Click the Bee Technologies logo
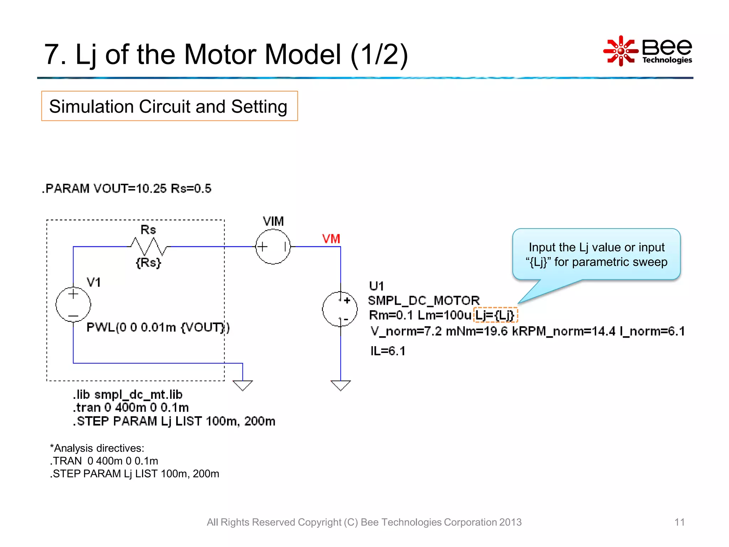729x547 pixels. tap(648, 51)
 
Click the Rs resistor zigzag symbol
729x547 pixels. tap(148, 246)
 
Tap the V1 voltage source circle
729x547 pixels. tap(73, 304)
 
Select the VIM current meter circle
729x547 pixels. tap(273, 246)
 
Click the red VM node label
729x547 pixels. tap(331, 239)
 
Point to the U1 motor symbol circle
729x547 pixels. tap(340, 309)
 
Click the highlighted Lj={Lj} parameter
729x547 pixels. tap(495, 315)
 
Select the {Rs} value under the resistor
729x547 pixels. tap(148, 263)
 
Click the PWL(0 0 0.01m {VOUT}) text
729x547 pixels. tap(158, 327)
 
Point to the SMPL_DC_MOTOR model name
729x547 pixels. tap(424, 301)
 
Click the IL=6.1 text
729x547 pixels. tap(388, 351)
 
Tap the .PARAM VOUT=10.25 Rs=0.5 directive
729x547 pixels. tap(127, 188)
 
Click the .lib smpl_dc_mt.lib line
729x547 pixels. tap(128, 395)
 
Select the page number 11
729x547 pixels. tap(680, 522)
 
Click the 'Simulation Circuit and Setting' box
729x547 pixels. tap(169, 106)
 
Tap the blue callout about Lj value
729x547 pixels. tap(596, 254)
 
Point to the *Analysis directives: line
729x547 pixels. tap(97, 448)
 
